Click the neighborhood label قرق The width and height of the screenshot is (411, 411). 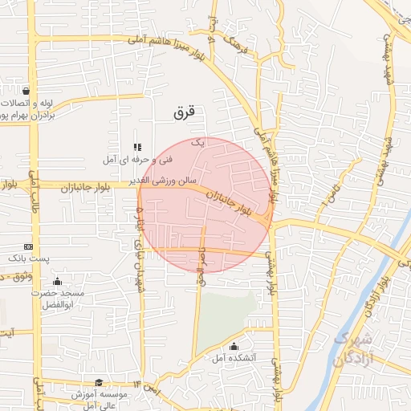(x=184, y=113)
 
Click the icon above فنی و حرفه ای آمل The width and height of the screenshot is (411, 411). (x=136, y=147)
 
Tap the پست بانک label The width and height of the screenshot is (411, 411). (x=29, y=259)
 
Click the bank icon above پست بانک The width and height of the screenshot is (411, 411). (x=29, y=246)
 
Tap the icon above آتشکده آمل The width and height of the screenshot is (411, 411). (x=234, y=347)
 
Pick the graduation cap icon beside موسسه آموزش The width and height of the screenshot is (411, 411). (x=98, y=383)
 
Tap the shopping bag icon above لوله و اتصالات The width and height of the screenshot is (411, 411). (x=27, y=91)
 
